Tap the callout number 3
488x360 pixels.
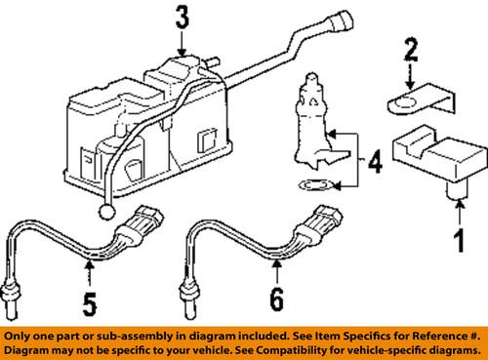click(181, 18)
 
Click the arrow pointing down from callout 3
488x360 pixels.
click(181, 42)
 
